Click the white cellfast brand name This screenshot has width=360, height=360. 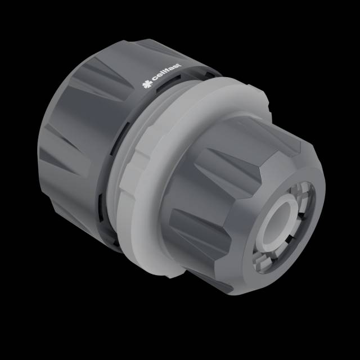166,73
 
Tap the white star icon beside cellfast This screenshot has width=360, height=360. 147,84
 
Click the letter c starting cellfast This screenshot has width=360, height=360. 155,78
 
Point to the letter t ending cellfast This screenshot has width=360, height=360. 179,66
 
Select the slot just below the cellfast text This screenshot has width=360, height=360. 168,82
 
